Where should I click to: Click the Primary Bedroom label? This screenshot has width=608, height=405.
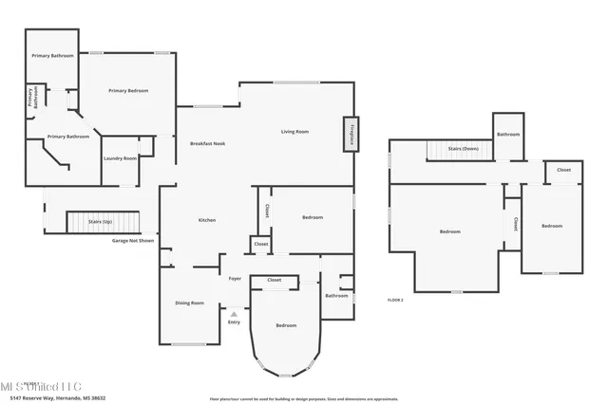pyautogui.click(x=128, y=90)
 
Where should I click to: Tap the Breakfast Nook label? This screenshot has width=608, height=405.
pyautogui.click(x=206, y=143)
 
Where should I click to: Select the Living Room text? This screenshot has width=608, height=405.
pyautogui.click(x=294, y=132)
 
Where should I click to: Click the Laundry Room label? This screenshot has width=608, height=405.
pyautogui.click(x=120, y=158)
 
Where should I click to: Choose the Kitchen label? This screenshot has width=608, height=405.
pyautogui.click(x=206, y=220)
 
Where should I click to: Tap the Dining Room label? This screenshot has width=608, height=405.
pyautogui.click(x=190, y=303)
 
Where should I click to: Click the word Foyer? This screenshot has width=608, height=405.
pyautogui.click(x=235, y=279)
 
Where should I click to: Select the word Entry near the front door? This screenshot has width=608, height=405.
pyautogui.click(x=234, y=322)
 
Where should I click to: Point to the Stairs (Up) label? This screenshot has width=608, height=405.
pyautogui.click(x=100, y=221)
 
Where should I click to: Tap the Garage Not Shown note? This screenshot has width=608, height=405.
pyautogui.click(x=132, y=241)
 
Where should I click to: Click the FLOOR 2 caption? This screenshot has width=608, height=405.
pyautogui.click(x=395, y=300)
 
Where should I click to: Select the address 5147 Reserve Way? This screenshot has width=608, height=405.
pyautogui.click(x=65, y=398)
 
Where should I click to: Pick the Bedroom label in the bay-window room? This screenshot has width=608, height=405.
pyautogui.click(x=286, y=325)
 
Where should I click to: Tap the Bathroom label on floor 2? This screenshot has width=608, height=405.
pyautogui.click(x=507, y=134)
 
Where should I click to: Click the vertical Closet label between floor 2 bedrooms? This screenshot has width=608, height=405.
pyautogui.click(x=515, y=225)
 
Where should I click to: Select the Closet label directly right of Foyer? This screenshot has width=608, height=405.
pyautogui.click(x=274, y=280)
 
